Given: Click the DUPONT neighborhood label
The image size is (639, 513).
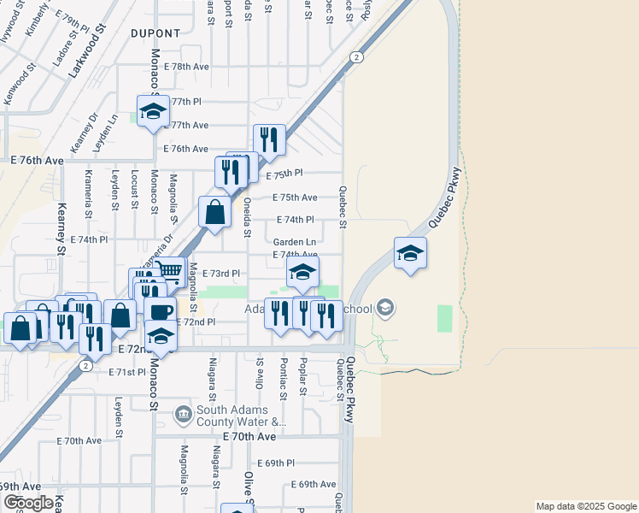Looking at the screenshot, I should point(156,33).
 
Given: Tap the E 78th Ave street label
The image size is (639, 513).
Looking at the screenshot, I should point(185,66).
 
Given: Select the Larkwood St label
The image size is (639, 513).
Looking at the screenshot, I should point(85,53).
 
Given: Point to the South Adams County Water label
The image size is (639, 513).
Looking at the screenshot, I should point(240,416).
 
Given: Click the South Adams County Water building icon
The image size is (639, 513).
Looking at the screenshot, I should point(184,416).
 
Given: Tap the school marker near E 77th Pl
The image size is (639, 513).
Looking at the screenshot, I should point(154,112).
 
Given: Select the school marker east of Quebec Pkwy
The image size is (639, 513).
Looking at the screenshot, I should point(410,253).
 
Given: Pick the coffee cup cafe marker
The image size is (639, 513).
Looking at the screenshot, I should point(159,311).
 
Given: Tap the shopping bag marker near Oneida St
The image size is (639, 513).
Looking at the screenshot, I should point(214,212).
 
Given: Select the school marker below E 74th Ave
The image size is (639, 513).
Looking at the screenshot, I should point(301,274).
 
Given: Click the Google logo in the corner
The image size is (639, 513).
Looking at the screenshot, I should point(27,503).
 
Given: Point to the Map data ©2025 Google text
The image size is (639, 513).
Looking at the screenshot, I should point(586,506).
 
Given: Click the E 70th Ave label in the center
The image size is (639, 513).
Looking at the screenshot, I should point(249,436).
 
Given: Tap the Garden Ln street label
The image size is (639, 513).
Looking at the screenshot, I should point(295,242).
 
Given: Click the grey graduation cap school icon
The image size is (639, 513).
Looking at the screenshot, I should point(385,307).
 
